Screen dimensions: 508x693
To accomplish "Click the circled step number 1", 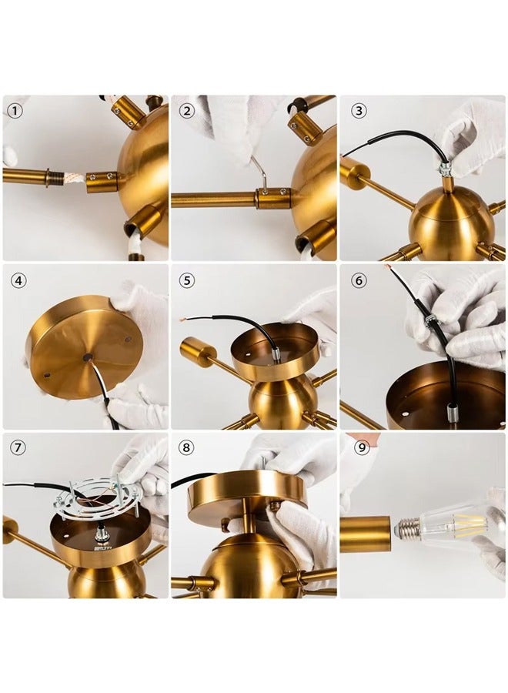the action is pos(15,110).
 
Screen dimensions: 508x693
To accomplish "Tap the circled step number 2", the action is pos(187,110).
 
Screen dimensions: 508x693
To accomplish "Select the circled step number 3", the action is pos(359,110).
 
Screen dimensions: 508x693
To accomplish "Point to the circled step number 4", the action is pos(19,280).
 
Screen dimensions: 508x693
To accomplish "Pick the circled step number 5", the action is pos(187,280).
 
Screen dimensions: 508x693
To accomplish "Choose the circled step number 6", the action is pos(359,280).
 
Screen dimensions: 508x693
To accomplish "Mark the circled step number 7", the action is pos(17,447).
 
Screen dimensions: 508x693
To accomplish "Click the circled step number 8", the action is pos(186,447).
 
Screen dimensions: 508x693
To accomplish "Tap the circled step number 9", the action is pos(362,447).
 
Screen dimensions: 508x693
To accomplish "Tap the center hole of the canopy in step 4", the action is pos(86,356).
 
